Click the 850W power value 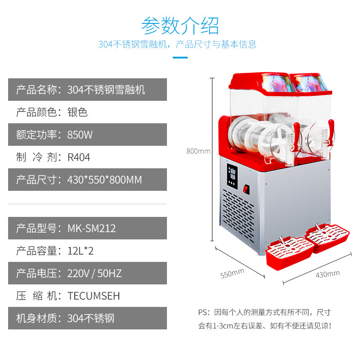(80, 135)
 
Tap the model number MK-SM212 (91, 228)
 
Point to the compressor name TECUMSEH (94, 296)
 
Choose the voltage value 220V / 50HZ (94, 273)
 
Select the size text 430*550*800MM (104, 180)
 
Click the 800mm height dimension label (198, 151)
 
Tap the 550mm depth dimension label (232, 273)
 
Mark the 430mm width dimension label (327, 274)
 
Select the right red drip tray (328, 236)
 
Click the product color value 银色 (77, 112)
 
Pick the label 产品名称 (36, 90)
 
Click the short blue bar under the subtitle (180, 57)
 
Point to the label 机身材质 (36, 318)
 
